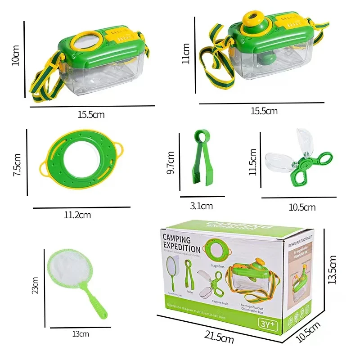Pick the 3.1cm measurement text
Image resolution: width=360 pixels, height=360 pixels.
201,206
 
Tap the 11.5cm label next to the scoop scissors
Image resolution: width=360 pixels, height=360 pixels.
253,162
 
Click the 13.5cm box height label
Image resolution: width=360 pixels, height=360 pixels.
333,270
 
